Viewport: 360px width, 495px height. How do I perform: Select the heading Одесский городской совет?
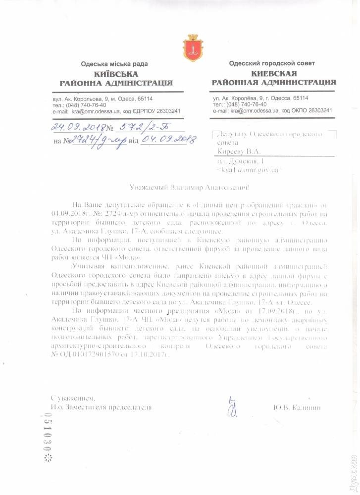point(272,63)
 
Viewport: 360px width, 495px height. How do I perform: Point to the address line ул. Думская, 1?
point(242,161)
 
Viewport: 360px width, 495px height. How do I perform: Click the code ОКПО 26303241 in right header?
point(309,111)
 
